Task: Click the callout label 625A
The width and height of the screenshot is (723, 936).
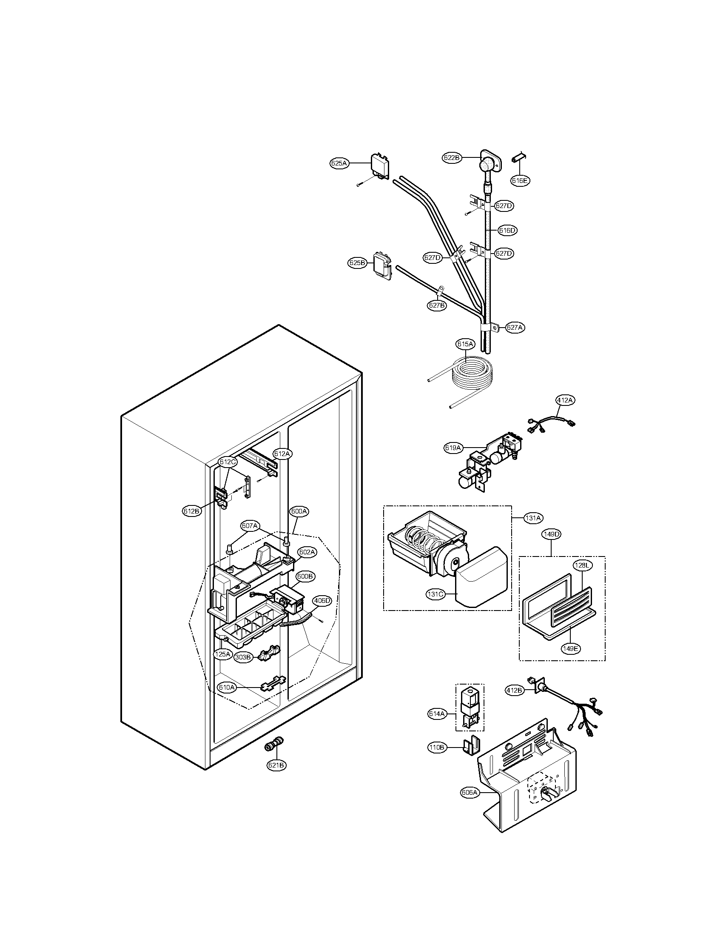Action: [x=339, y=163]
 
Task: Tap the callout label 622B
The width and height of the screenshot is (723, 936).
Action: [x=451, y=158]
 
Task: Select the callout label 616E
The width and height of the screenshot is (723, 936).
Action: [x=520, y=181]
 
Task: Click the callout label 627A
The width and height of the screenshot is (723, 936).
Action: [x=515, y=328]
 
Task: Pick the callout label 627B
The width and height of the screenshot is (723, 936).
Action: [x=436, y=305]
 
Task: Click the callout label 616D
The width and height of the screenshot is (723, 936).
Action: [x=507, y=231]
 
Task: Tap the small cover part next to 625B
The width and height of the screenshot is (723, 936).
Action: [x=382, y=266]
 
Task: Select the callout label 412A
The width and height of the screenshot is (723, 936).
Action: [x=565, y=400]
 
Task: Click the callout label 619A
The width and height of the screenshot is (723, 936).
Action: [x=453, y=448]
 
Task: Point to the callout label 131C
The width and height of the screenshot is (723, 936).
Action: [x=436, y=594]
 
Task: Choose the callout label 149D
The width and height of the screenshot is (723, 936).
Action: [x=551, y=534]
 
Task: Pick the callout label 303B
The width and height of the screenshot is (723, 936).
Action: [x=243, y=670]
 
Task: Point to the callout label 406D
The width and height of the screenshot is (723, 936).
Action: [x=322, y=601]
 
